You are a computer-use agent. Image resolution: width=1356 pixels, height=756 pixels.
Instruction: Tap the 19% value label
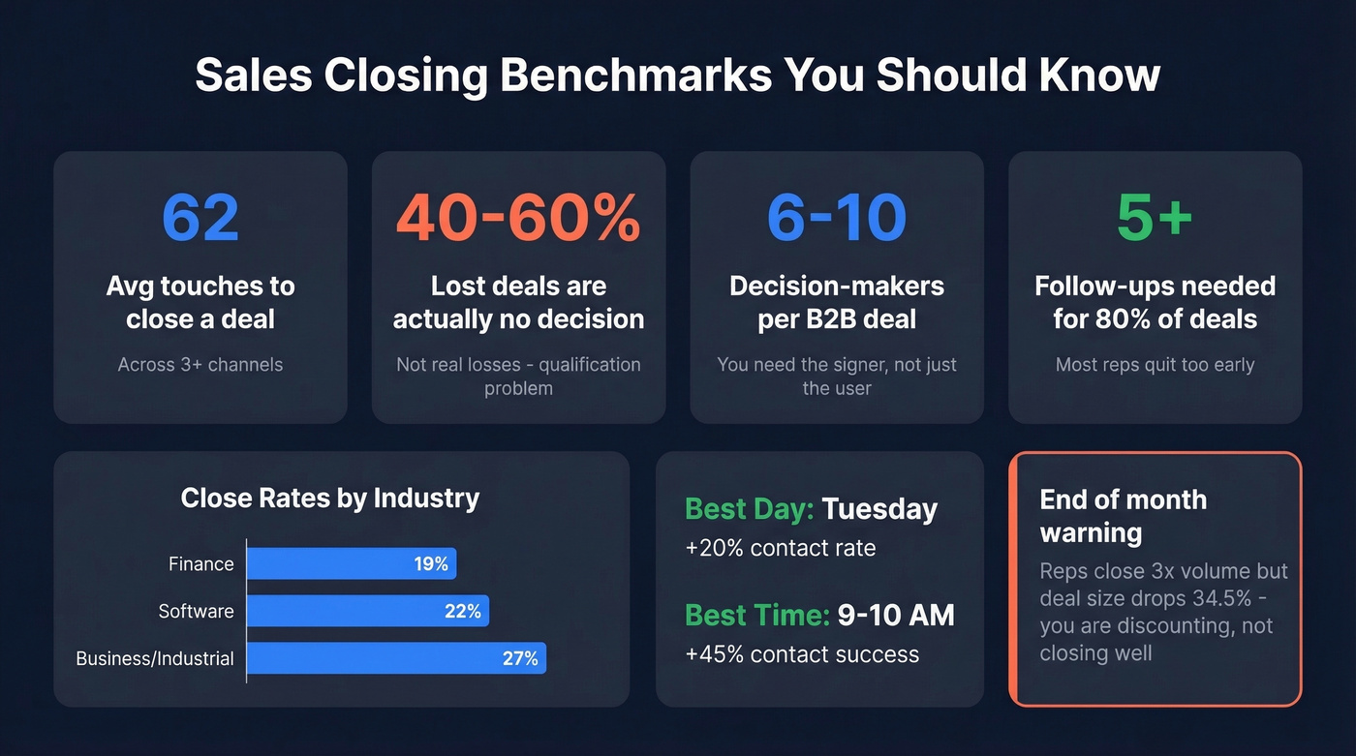click(x=431, y=564)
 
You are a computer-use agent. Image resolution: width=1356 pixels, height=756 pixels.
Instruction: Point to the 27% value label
click(x=520, y=658)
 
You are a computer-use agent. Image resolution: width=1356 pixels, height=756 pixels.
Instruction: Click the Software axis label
click(x=196, y=612)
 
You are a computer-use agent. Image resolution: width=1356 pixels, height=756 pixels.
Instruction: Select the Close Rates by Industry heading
click(x=329, y=499)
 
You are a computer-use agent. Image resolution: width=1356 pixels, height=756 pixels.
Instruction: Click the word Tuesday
click(x=879, y=509)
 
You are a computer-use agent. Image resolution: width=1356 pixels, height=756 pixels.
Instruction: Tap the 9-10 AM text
click(x=896, y=615)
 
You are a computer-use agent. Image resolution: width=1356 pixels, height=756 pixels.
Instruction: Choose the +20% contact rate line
click(x=780, y=548)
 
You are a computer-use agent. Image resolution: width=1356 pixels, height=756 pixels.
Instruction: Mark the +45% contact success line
click(x=801, y=653)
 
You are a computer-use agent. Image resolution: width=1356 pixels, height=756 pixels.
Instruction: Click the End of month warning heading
click(x=1123, y=516)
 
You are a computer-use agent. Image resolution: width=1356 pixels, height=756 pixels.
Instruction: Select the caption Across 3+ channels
click(x=200, y=365)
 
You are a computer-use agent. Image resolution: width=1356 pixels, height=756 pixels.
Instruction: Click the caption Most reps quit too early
click(x=1155, y=365)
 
